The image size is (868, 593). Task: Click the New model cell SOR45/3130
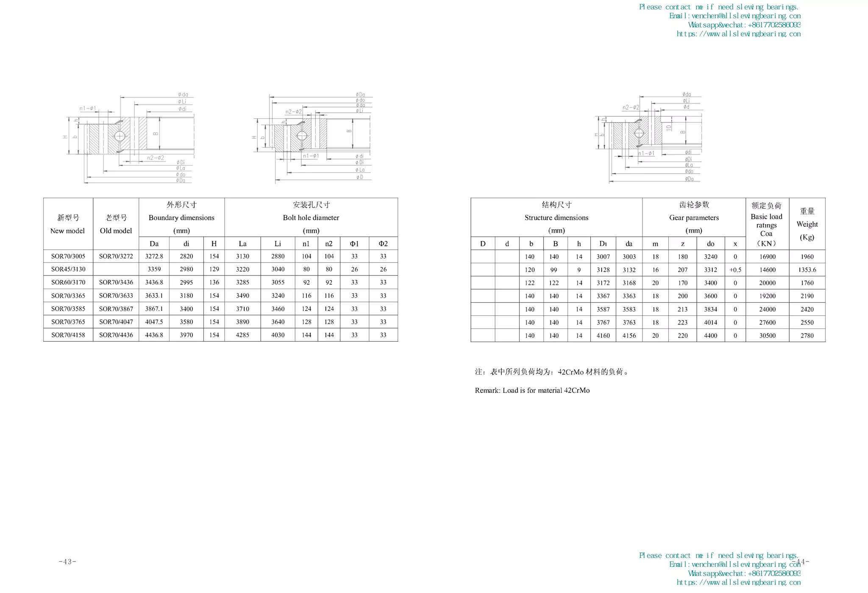(68, 269)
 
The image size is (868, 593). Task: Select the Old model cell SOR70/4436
(116, 335)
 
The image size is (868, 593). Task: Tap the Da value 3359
(154, 269)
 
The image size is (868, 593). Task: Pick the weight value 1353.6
(807, 270)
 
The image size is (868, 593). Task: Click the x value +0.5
(735, 270)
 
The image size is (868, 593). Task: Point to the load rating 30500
(767, 335)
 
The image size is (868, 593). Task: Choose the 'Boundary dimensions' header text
(181, 217)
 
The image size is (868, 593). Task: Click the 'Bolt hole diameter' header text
(311, 217)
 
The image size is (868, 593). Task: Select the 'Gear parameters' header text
(694, 217)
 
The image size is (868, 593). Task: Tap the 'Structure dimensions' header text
(556, 217)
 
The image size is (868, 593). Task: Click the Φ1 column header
(354, 243)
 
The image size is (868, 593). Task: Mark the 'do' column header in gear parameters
(711, 243)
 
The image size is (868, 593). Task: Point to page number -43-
(67, 562)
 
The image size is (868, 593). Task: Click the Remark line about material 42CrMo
(532, 390)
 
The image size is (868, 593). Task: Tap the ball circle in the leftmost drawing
(120, 136)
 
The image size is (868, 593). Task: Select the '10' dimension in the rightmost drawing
(668, 127)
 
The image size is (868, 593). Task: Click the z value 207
(683, 270)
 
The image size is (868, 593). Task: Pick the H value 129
(214, 269)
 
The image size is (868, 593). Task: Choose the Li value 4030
(278, 335)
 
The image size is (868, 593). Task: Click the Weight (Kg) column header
(807, 224)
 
